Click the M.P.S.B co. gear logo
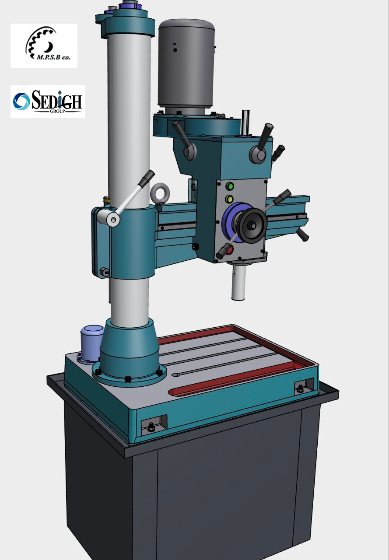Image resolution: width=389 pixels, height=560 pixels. click(44, 45)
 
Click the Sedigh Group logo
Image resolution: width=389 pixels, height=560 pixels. click(48, 101)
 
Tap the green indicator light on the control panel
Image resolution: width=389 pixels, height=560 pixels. click(229, 186)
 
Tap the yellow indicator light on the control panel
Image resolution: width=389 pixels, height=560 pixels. click(229, 199)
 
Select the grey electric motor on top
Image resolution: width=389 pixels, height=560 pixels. click(186, 66)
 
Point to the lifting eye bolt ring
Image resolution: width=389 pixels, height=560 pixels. click(160, 193)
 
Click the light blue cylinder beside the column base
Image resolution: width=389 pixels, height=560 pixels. click(91, 343)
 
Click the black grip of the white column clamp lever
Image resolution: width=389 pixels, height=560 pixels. click(147, 178)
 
